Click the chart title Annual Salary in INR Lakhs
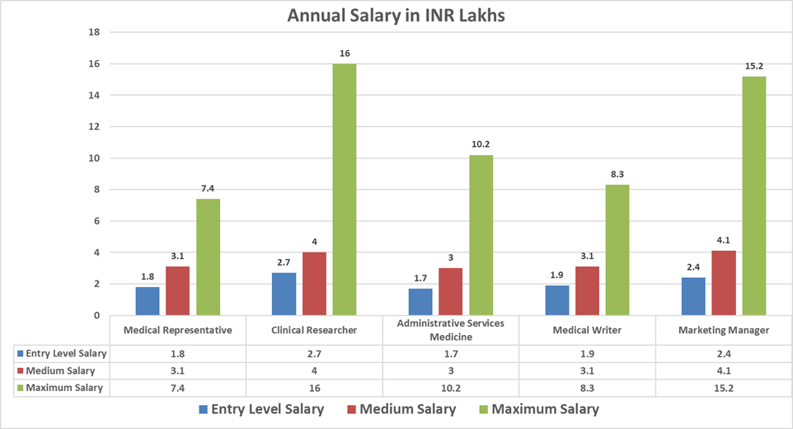tap(396, 16)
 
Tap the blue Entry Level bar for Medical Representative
tap(148, 301)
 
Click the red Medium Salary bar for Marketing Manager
tap(723, 283)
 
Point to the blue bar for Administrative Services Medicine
tap(421, 302)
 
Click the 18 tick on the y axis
tap(93, 32)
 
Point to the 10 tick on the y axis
tap(93, 158)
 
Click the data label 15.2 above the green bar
tap(754, 66)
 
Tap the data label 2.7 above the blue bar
tap(284, 262)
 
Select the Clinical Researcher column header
tap(315, 330)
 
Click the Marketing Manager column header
tap(723, 330)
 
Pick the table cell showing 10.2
tap(451, 387)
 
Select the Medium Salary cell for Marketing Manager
tap(723, 370)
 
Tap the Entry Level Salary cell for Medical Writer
tap(587, 353)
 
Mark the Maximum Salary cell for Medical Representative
tap(178, 387)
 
